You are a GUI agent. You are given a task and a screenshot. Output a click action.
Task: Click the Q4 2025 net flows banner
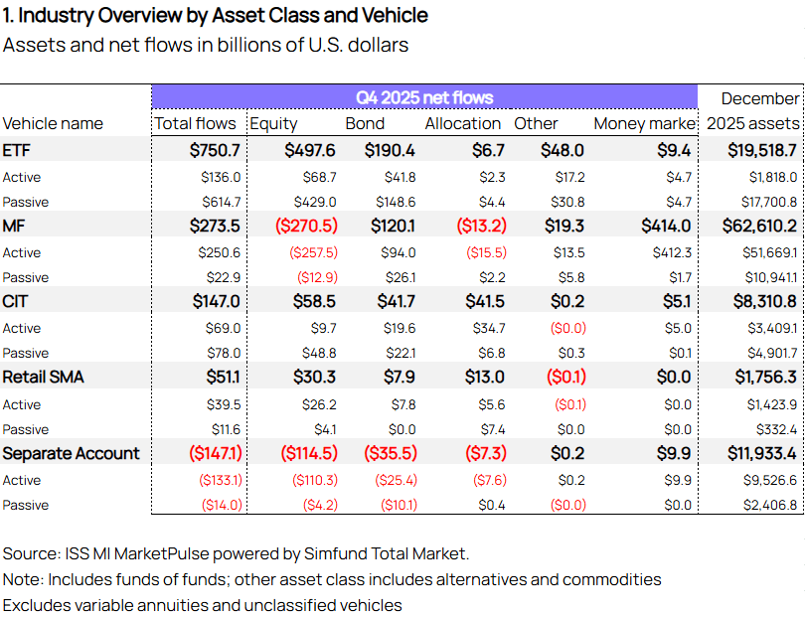[x=424, y=97]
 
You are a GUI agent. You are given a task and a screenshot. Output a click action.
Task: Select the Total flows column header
[x=195, y=124]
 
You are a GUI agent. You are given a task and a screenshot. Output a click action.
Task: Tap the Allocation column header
[x=462, y=124]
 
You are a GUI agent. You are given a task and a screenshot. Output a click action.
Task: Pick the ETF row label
[x=17, y=150]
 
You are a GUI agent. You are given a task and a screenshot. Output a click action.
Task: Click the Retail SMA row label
[x=43, y=378]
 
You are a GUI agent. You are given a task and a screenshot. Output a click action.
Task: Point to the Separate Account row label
[x=71, y=453]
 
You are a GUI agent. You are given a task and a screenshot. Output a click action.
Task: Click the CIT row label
[x=15, y=301]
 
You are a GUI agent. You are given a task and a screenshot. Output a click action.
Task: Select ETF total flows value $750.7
[x=215, y=150]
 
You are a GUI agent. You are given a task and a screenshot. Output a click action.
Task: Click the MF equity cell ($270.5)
[x=306, y=226]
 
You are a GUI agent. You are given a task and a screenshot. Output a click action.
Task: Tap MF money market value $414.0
[x=666, y=226]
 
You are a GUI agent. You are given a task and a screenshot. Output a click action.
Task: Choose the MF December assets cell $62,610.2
[x=759, y=226]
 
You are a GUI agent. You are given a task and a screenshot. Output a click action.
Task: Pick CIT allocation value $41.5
[x=485, y=301]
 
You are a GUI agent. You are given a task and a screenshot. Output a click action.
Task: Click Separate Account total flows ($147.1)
[x=216, y=453]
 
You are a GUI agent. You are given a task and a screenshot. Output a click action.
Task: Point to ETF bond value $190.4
[x=390, y=150]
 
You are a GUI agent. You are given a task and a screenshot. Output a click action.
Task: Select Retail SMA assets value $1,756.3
[x=765, y=378]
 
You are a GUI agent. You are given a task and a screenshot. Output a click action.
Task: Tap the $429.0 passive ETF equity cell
[x=315, y=202]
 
